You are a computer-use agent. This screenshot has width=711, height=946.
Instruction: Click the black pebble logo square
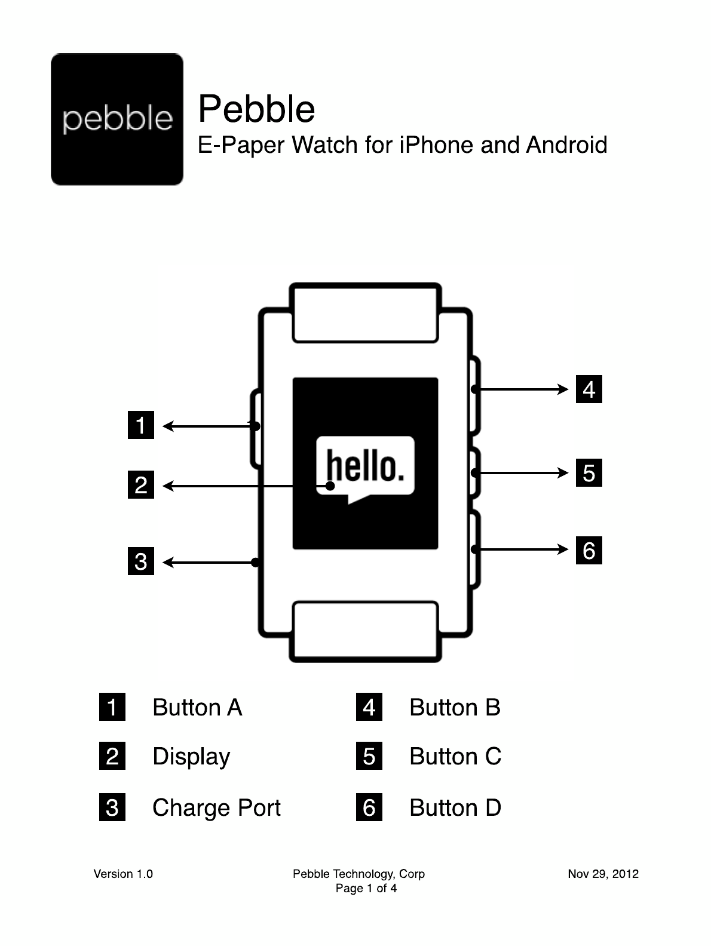(117, 119)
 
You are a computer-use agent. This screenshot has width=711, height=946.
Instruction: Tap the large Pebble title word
(256, 109)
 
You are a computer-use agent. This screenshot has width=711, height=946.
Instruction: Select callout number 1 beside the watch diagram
(141, 425)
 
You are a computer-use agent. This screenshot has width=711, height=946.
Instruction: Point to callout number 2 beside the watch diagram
(141, 484)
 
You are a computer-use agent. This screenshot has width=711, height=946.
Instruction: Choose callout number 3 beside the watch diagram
(141, 561)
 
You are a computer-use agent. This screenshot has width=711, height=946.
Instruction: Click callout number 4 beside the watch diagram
(589, 389)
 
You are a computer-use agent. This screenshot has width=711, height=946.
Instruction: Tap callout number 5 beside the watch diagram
(589, 473)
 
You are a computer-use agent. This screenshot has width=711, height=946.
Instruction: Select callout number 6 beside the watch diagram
(589, 550)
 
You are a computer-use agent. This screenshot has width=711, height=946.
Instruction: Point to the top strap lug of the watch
(365, 314)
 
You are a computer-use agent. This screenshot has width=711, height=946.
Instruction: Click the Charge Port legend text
(216, 808)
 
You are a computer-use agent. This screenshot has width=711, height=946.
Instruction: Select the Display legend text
(191, 757)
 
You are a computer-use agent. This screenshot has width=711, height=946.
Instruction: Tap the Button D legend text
(455, 808)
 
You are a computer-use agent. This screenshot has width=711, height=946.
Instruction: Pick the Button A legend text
(197, 708)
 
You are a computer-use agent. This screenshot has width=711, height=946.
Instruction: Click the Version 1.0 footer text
(123, 874)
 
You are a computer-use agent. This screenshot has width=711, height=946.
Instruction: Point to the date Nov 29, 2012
(603, 874)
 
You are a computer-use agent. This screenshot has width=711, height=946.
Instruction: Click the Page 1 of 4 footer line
(366, 889)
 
